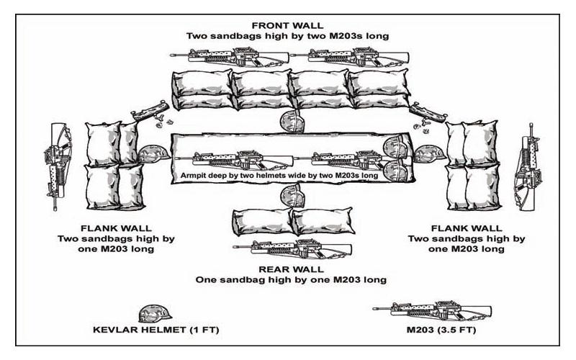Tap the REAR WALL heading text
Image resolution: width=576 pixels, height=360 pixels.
pos(291,268)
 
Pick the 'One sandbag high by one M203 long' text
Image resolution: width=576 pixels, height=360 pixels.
pos(291,279)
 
